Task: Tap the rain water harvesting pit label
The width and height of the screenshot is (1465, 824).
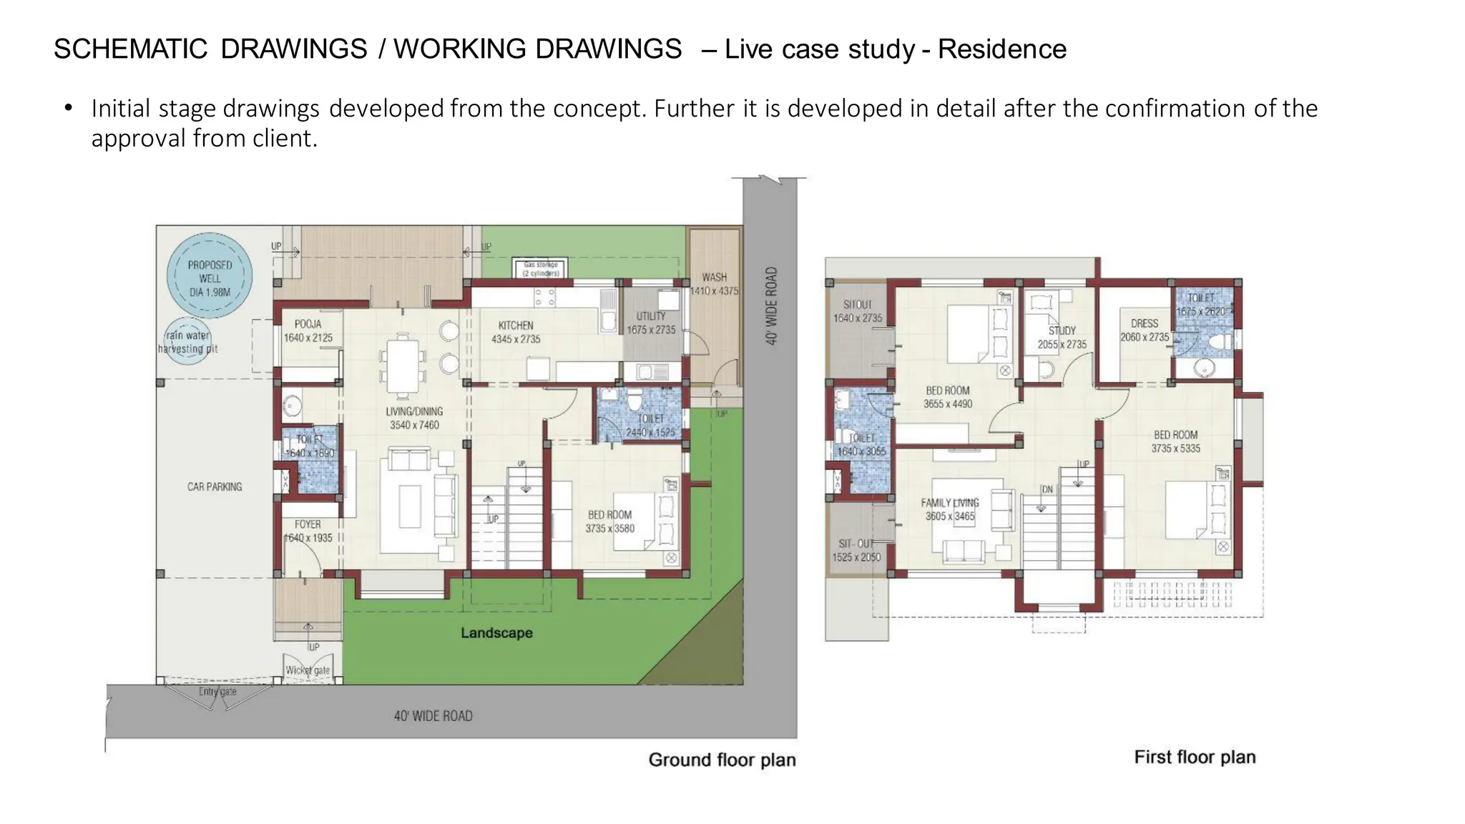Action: point(187,342)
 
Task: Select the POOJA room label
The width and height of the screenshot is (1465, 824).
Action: point(308,330)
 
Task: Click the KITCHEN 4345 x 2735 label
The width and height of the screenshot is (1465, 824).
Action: point(516,332)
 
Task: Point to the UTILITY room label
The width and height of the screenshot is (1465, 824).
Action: point(651,323)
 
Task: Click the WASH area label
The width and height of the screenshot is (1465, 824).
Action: point(714,283)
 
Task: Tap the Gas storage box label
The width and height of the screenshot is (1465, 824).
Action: point(541,269)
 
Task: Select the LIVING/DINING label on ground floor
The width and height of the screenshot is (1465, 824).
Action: point(414,418)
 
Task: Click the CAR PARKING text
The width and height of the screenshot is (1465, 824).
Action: point(215,486)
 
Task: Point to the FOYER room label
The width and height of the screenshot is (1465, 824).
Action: point(308,531)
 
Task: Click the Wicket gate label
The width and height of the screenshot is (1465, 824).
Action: point(308,670)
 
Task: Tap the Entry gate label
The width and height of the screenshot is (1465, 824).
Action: point(217,692)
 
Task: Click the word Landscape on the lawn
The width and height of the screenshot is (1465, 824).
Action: point(496,633)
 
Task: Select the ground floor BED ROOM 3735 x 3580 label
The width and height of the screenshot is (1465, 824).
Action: point(609,521)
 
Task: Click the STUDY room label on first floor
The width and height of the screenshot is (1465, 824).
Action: point(1062,337)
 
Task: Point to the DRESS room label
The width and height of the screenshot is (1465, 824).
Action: point(1145,330)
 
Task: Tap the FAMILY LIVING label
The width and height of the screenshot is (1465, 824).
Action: point(950,509)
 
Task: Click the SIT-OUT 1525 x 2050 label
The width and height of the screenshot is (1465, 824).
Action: point(856,550)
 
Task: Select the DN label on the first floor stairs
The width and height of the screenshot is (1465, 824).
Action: point(1047,489)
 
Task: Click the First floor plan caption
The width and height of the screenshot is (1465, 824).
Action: point(1195,757)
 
